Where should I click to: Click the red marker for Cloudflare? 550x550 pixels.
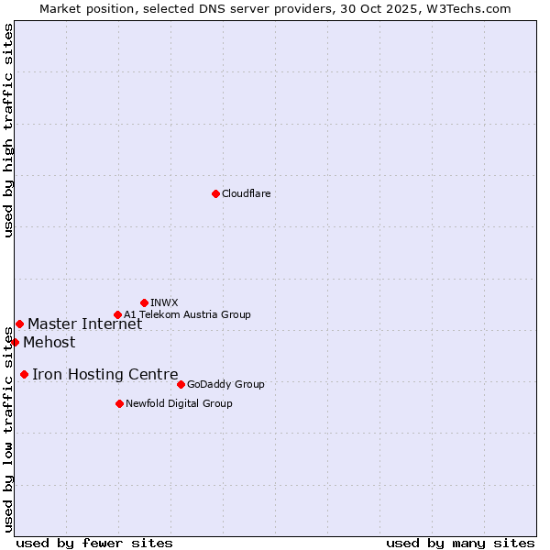click(215, 193)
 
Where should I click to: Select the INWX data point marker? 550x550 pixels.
click(144, 302)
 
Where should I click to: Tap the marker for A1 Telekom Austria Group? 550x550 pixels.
click(117, 314)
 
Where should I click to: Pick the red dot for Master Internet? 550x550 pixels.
click(19, 324)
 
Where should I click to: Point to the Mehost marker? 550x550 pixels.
click(15, 342)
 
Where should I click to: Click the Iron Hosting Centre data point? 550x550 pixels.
click(24, 374)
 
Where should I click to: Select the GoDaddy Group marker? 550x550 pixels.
click(181, 384)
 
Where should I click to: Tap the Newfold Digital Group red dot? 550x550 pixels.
click(119, 403)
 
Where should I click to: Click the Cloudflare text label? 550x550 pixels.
click(246, 193)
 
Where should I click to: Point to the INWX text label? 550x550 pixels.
click(164, 302)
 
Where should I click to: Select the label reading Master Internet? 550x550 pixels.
click(84, 324)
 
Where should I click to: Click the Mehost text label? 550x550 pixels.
click(49, 343)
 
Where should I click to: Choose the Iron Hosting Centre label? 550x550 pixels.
click(104, 374)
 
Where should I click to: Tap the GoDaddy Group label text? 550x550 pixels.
click(225, 384)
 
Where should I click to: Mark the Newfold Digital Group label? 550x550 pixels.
click(179, 403)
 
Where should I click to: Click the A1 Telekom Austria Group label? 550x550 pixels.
click(187, 314)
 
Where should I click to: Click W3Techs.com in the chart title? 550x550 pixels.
click(467, 8)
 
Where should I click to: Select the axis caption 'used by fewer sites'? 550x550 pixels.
click(94, 543)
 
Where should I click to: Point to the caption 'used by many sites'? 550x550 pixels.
click(460, 543)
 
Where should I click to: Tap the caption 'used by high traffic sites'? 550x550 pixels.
click(8, 130)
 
